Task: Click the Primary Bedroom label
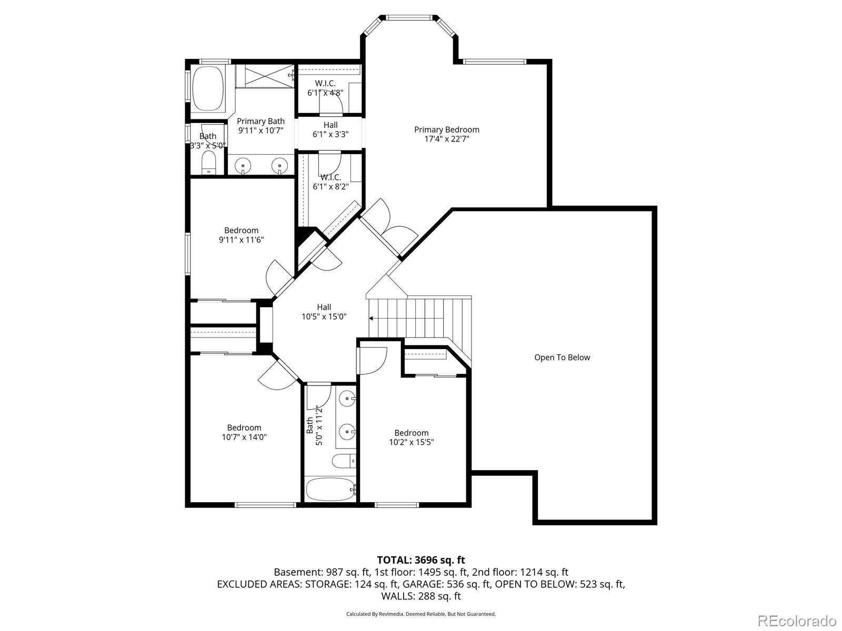[446, 130]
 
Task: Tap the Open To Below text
[562, 358]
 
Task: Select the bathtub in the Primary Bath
[207, 88]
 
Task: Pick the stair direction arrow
[372, 318]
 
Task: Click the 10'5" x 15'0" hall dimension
[324, 317]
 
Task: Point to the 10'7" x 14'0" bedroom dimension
[244, 436]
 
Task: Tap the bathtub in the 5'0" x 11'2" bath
[330, 490]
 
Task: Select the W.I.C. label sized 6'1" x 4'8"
[325, 84]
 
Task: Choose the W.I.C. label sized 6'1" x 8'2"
[330, 178]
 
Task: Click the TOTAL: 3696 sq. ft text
[420, 560]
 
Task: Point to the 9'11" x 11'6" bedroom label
[241, 230]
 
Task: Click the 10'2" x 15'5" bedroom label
[411, 433]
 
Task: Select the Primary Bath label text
[260, 121]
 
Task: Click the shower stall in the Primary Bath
[265, 76]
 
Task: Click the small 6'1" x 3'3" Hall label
[330, 125]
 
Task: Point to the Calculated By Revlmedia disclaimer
[420, 614]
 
